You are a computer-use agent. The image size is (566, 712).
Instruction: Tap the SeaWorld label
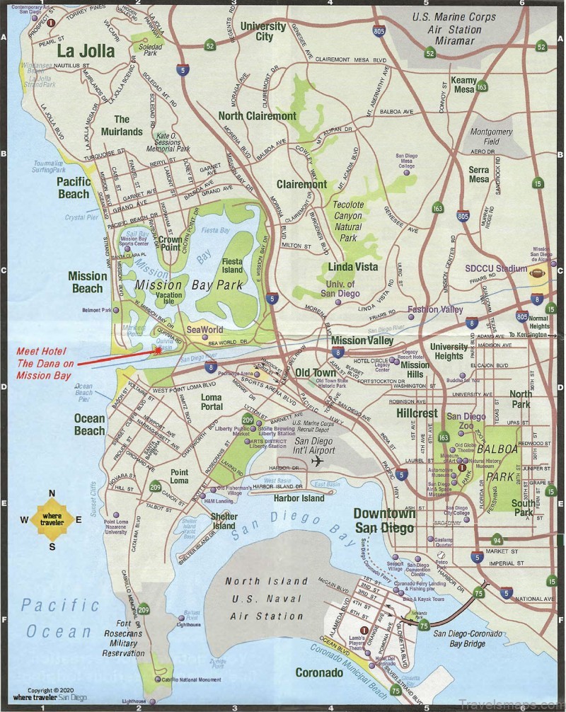204,330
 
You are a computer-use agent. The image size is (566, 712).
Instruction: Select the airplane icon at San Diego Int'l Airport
316,461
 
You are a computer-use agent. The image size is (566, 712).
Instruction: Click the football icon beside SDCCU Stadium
538,270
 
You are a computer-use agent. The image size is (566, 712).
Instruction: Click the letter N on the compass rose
52,494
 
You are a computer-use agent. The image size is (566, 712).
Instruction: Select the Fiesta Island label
232,265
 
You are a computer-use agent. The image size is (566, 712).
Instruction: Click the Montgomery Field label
491,137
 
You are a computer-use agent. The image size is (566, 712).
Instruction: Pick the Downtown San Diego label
384,520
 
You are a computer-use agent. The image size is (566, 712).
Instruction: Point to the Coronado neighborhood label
319,673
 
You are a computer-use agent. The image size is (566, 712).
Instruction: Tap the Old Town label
316,373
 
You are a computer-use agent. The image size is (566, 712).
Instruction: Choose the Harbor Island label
298,498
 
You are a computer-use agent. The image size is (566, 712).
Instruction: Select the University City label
263,31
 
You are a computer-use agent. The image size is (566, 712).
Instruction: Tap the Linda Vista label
352,267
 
